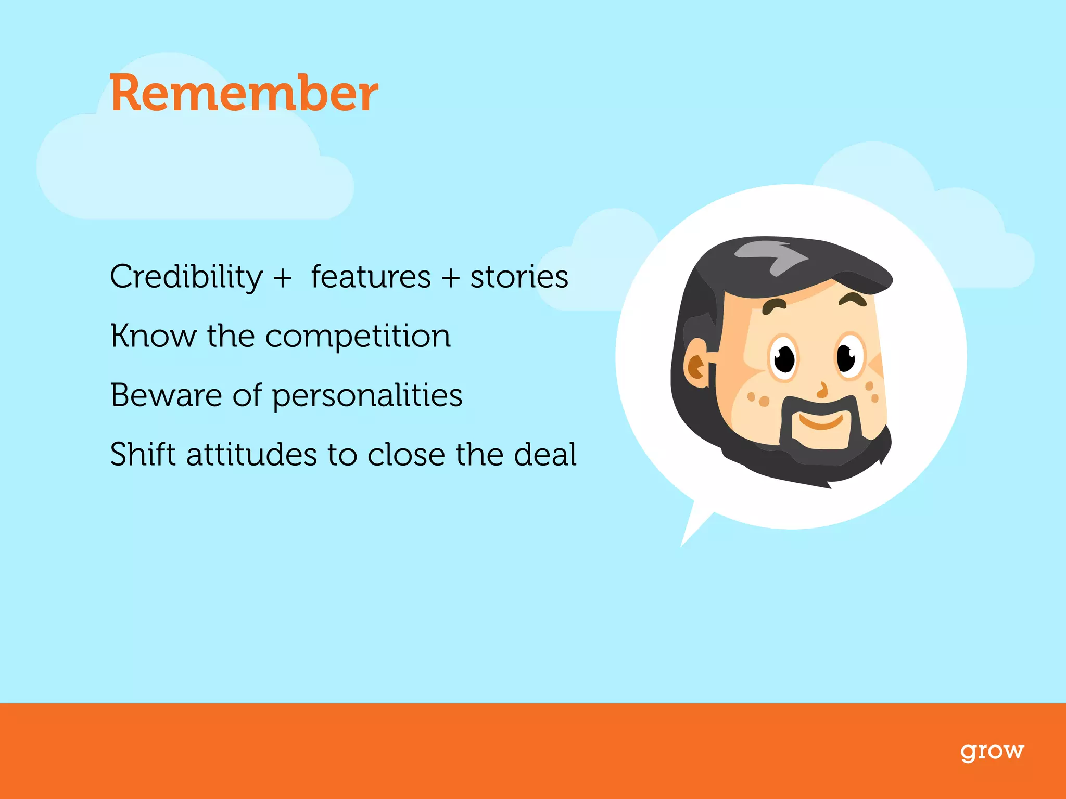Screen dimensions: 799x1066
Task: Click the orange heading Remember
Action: pos(244,94)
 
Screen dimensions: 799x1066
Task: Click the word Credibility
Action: pos(186,277)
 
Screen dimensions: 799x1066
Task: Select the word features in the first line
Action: pos(371,277)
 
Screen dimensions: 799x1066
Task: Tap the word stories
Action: pos(519,277)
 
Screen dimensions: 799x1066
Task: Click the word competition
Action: pos(358,337)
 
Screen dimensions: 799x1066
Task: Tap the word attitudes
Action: pos(251,455)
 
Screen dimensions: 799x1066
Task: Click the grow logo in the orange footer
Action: pos(992,752)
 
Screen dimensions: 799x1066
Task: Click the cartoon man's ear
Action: pos(696,364)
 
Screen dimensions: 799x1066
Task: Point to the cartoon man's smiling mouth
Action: pos(821,421)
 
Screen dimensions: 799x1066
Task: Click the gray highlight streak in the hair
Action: pos(770,255)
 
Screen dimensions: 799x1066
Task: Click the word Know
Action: pos(153,336)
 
